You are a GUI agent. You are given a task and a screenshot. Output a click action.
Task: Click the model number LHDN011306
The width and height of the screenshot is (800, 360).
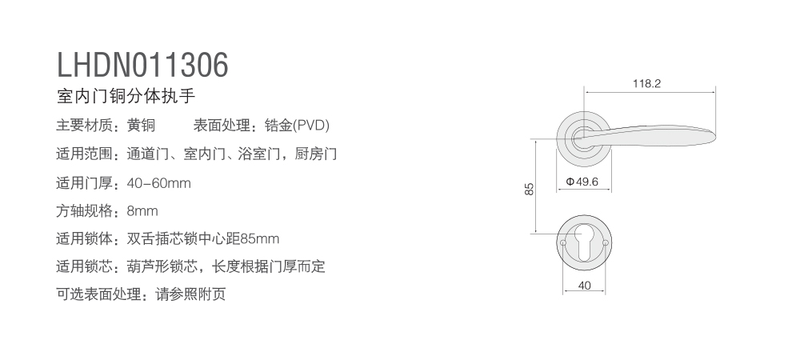(142, 65)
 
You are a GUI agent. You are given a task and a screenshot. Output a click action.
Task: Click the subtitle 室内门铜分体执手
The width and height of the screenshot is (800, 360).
(126, 96)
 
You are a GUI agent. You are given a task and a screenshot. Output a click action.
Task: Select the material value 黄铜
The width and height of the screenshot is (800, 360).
(141, 125)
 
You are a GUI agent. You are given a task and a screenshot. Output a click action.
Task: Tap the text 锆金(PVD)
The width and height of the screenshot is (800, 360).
(297, 125)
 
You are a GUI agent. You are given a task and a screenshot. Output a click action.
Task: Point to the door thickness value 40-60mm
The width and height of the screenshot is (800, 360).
(158, 183)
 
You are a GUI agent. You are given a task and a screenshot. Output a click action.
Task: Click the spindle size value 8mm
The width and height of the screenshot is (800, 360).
(142, 211)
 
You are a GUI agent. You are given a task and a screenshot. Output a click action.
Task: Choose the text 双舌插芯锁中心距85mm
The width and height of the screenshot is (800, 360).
(203, 238)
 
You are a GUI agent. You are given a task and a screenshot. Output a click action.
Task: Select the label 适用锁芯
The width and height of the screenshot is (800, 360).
(84, 266)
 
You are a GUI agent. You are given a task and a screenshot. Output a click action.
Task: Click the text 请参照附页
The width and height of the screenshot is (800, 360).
(190, 294)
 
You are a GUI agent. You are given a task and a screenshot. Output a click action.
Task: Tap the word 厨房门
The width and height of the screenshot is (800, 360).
(316, 154)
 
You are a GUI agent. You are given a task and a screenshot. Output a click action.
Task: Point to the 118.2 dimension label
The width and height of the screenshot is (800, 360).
(646, 84)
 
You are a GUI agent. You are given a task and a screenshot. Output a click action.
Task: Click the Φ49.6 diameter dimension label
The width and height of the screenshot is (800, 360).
(582, 182)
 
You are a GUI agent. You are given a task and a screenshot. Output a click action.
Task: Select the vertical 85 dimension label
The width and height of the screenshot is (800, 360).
(529, 189)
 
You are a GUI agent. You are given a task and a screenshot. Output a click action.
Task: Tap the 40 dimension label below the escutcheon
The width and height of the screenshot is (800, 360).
(584, 286)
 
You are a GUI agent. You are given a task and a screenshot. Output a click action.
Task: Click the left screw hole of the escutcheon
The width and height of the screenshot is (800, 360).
(562, 242)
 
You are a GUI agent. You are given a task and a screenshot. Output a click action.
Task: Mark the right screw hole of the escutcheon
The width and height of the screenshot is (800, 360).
(606, 242)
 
